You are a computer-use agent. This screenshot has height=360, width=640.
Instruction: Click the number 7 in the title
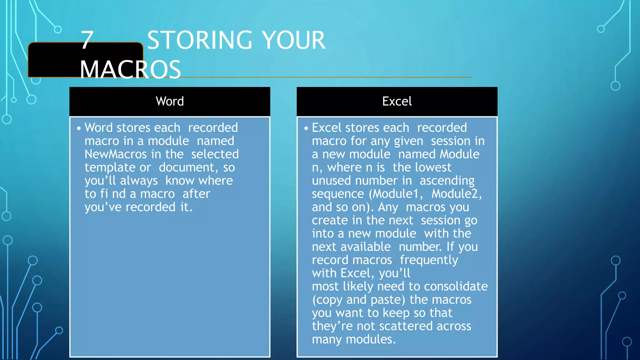(x=87, y=40)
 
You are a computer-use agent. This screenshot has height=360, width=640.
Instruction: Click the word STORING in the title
(x=200, y=40)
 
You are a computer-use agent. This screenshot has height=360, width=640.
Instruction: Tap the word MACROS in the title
(x=130, y=69)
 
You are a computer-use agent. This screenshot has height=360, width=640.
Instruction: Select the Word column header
(x=170, y=101)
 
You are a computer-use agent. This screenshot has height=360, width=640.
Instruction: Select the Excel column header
(x=397, y=101)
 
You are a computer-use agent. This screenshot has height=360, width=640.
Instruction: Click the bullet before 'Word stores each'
(x=79, y=128)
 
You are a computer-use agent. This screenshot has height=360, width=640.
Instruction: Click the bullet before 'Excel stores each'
(x=306, y=128)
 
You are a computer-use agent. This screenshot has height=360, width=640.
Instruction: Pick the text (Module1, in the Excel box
(x=396, y=194)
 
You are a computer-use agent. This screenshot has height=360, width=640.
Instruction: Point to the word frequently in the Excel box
(x=429, y=260)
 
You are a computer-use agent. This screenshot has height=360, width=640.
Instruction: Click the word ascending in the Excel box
(x=447, y=181)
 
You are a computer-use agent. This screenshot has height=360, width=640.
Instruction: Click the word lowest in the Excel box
(x=433, y=167)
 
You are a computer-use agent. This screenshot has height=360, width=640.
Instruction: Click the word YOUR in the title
(x=293, y=40)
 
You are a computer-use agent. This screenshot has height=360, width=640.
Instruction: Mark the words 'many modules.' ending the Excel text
(x=354, y=339)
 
